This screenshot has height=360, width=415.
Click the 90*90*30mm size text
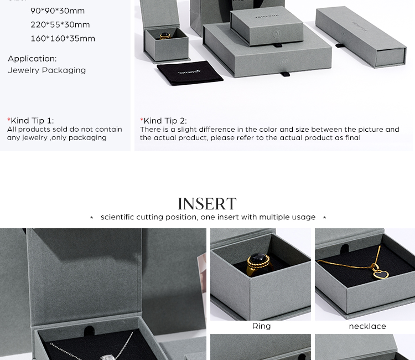point(58,11)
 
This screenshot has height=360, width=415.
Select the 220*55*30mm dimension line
point(60,25)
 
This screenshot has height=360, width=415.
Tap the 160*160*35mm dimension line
point(63,39)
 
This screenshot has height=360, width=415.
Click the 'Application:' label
point(32,59)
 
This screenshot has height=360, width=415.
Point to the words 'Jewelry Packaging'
point(46,70)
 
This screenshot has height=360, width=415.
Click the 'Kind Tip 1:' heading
point(32,121)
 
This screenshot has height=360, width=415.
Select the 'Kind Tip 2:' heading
point(165,121)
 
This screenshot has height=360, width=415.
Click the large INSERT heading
point(207,204)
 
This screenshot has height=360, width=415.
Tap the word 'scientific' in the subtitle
point(117,217)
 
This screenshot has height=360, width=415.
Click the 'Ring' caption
point(261,326)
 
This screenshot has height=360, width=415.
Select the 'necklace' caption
point(367,326)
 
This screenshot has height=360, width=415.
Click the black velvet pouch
point(189,73)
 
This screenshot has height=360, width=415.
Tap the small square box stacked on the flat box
point(266,25)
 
